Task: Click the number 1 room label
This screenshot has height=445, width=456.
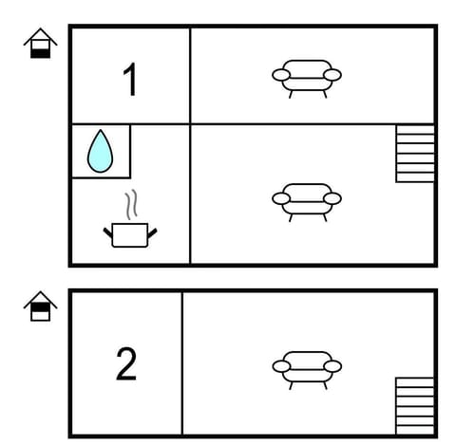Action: click(x=130, y=81)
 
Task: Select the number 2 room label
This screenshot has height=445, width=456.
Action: click(x=126, y=364)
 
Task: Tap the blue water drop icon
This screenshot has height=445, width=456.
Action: click(x=100, y=152)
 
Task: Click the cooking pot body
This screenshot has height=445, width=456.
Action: click(x=128, y=234)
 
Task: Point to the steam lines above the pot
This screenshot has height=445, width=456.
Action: click(x=131, y=204)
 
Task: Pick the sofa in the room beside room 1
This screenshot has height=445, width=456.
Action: click(x=306, y=75)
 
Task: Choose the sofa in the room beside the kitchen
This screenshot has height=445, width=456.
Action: click(x=306, y=199)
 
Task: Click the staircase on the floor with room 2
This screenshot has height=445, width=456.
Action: click(x=414, y=405)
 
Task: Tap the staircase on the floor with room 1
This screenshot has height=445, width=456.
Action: click(x=414, y=153)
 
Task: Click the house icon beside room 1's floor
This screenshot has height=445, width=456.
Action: click(x=40, y=44)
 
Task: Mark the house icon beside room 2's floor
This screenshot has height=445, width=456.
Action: click(x=40, y=307)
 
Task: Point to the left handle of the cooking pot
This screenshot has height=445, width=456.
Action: click(x=107, y=230)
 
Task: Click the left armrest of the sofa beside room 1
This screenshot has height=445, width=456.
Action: click(x=280, y=74)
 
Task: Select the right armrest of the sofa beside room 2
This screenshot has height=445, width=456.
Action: click(x=332, y=366)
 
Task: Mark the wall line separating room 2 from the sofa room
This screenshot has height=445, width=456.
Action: click(x=181, y=364)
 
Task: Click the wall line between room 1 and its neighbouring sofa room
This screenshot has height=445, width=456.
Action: click(x=190, y=76)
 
